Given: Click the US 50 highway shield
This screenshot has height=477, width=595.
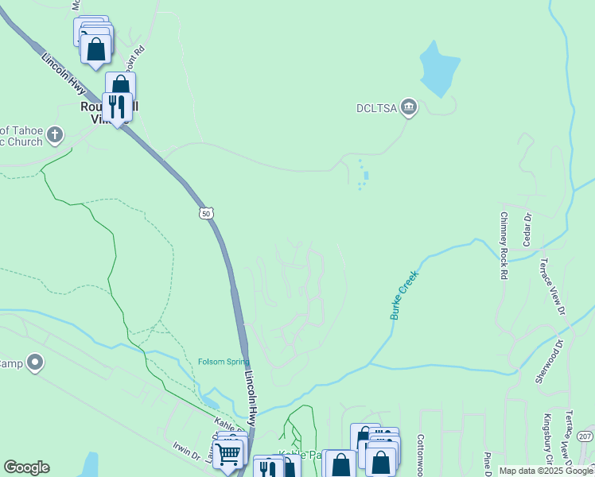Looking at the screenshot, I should pos(206,213).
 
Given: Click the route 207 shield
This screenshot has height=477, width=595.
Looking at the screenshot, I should pos(585,436).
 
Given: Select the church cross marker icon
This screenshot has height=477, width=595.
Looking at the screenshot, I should pos(54,133).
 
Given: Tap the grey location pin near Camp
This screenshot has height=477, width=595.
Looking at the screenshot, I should pos(34,363).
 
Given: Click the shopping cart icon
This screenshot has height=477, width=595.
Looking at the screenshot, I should pos(228,454).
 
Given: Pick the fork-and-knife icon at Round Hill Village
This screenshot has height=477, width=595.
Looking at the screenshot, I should pos(117,106).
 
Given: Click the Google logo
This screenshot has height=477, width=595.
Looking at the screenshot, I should pos(26,467).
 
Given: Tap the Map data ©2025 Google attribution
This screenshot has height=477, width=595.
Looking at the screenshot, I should pos(546,471).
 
